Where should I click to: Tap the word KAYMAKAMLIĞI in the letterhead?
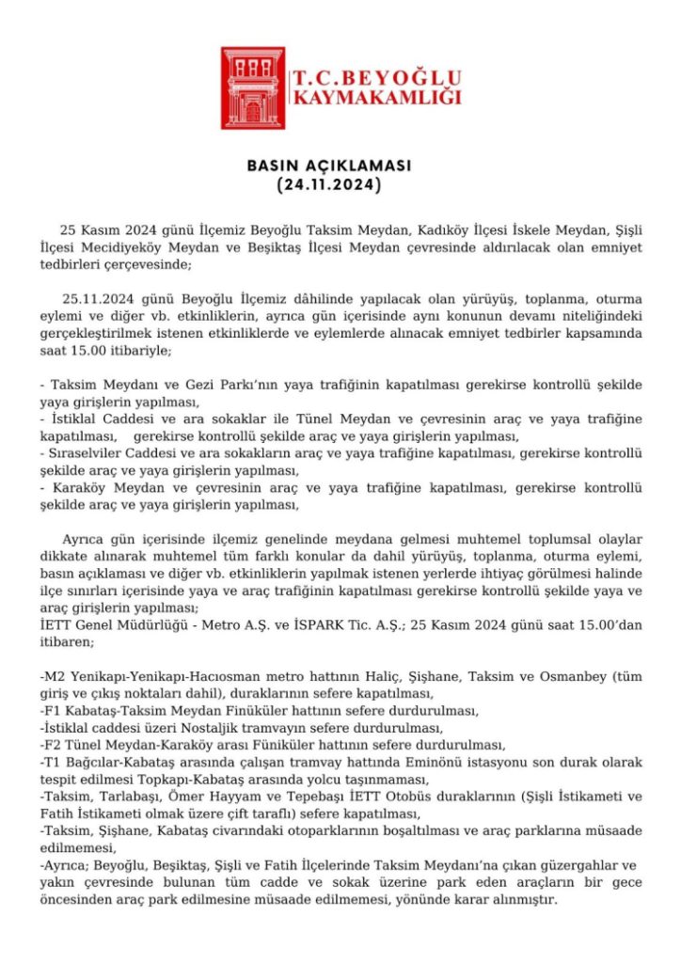377,98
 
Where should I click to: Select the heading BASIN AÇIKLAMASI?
329,166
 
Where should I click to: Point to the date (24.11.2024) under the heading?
329,186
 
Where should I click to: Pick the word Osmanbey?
559,676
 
